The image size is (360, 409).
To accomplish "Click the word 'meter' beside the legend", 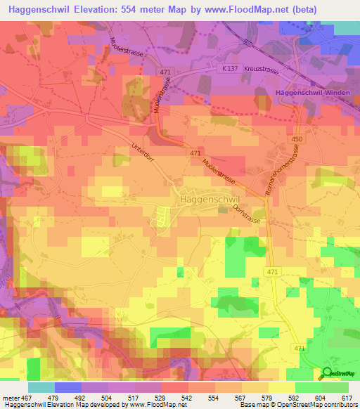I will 10,398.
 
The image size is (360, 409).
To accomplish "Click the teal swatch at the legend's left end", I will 41,387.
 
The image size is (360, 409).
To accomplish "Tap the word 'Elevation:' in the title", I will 110,9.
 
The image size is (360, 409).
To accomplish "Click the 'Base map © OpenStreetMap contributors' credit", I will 297,405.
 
